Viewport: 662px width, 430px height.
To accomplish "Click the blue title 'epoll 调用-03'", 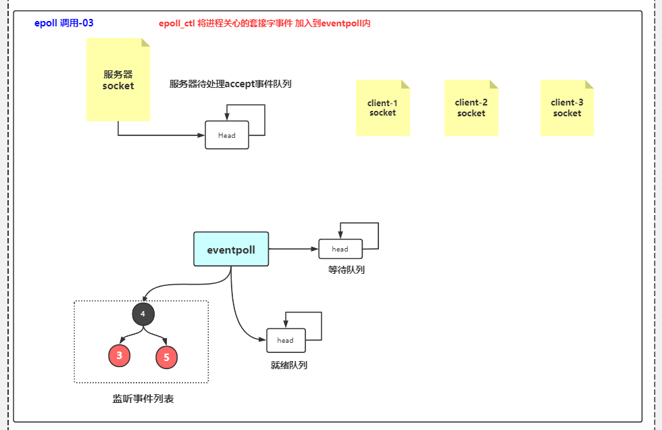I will [x=63, y=23].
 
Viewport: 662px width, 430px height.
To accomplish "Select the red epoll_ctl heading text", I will [x=264, y=23].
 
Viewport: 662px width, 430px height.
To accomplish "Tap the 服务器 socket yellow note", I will [x=118, y=80].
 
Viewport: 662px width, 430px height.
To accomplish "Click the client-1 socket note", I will [x=383, y=108].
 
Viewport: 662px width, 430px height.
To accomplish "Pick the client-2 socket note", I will [x=471, y=108].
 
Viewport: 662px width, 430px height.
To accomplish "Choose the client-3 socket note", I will [x=567, y=108].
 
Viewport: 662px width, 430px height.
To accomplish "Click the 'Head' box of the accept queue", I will [x=227, y=135].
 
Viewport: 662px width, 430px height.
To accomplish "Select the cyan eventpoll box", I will [x=231, y=249].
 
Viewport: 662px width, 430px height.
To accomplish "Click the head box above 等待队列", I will [x=340, y=249].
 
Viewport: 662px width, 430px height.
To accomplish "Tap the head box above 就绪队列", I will [x=286, y=340].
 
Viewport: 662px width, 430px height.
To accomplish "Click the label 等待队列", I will [x=346, y=270].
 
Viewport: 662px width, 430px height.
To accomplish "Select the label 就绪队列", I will [x=288, y=365].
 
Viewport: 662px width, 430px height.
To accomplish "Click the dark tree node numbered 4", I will [x=143, y=314].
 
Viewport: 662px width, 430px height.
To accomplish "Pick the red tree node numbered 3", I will [x=119, y=356].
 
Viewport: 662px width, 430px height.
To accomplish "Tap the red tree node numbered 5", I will [x=166, y=357].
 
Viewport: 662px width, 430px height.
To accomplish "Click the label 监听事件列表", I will [x=143, y=399].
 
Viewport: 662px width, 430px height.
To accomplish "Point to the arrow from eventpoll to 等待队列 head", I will [x=293, y=249].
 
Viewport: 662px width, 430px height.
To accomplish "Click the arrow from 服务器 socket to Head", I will [x=162, y=135].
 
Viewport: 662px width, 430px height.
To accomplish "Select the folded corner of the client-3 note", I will [x=589, y=85].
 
